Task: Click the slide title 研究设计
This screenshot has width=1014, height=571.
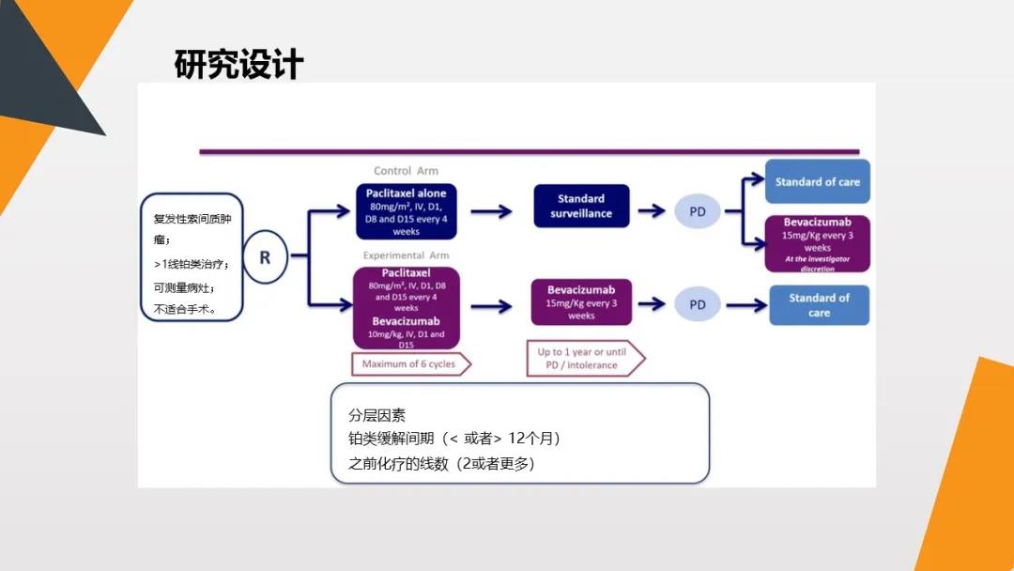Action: pos(239,65)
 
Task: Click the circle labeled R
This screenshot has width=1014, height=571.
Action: pos(265,256)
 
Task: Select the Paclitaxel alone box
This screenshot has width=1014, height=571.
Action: pos(407,211)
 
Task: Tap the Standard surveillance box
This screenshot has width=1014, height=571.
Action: pos(581,206)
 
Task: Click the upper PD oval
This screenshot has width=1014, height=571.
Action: pos(697,211)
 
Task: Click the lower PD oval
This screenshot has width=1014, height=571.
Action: pos(697,304)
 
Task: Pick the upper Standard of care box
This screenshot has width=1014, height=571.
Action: pos(817,182)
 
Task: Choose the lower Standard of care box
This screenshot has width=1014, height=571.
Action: pos(819,305)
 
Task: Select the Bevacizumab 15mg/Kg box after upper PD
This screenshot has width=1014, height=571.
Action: pos(817,243)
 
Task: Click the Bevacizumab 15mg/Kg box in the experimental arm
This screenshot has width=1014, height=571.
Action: pos(581,302)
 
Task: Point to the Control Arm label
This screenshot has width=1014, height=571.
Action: pos(406,171)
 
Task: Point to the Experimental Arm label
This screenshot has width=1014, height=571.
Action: pos(406,255)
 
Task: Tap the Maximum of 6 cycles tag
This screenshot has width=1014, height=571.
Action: pos(410,363)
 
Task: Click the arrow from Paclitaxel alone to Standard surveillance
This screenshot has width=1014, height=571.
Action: pos(491,211)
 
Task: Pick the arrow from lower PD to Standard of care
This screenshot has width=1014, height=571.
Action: pos(745,305)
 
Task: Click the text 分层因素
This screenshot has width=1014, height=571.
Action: pos(377,415)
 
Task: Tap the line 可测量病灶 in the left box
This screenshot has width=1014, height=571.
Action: pos(184,287)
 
